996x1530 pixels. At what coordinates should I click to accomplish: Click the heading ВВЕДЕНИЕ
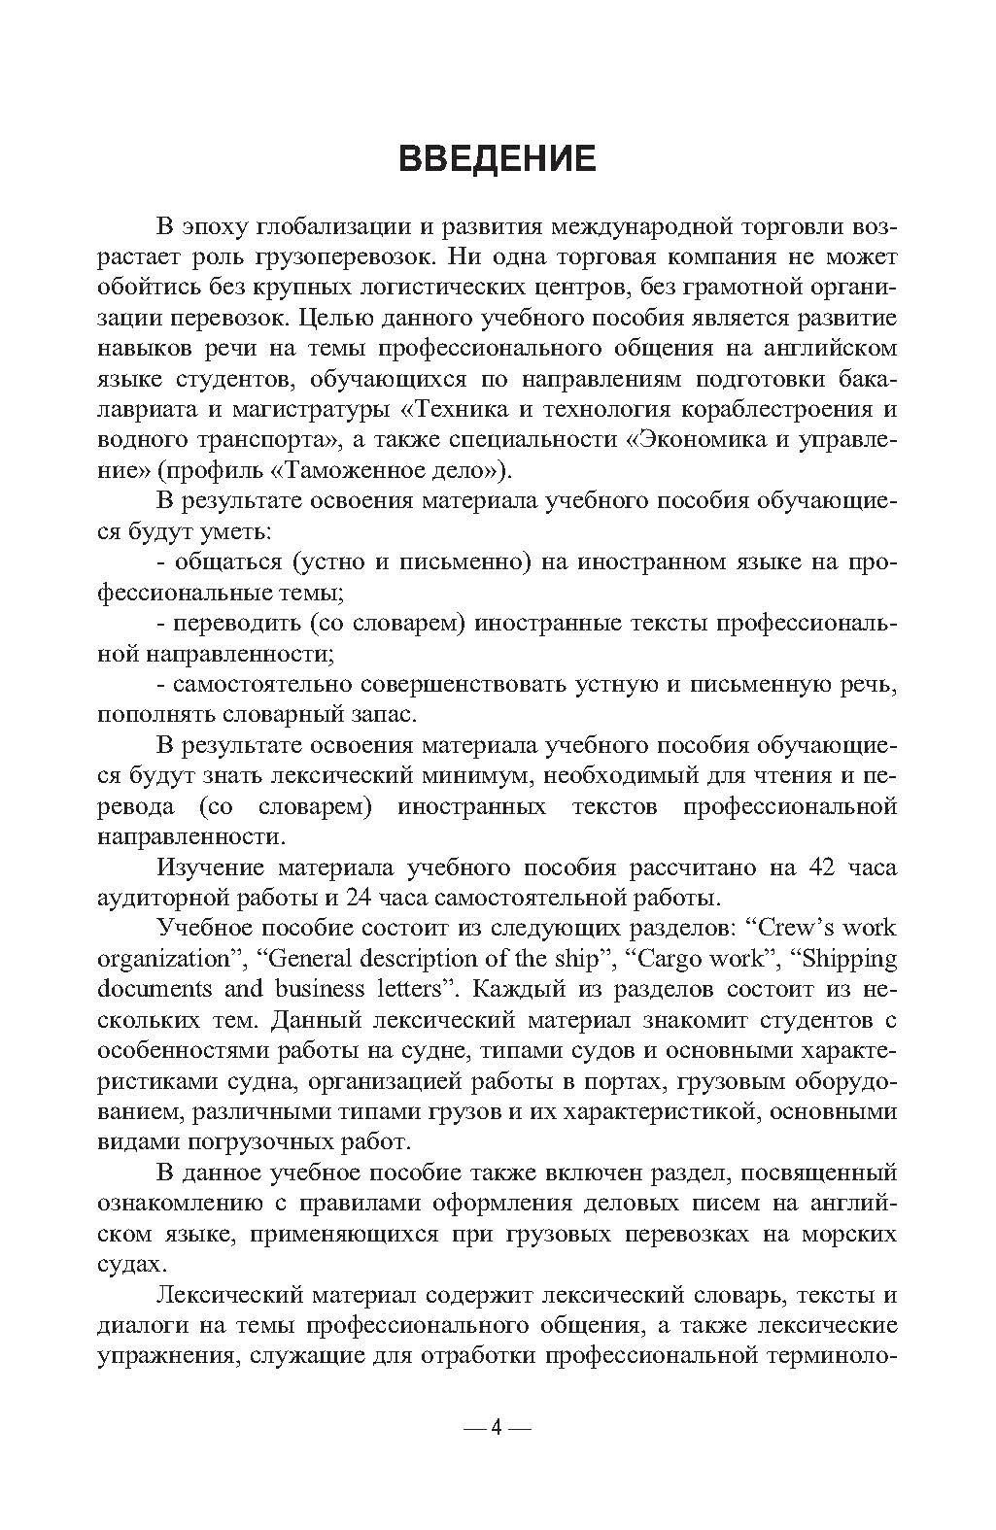(x=497, y=158)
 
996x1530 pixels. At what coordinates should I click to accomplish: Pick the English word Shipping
(x=843, y=958)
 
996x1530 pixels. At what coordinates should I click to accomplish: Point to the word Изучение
(x=210, y=867)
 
